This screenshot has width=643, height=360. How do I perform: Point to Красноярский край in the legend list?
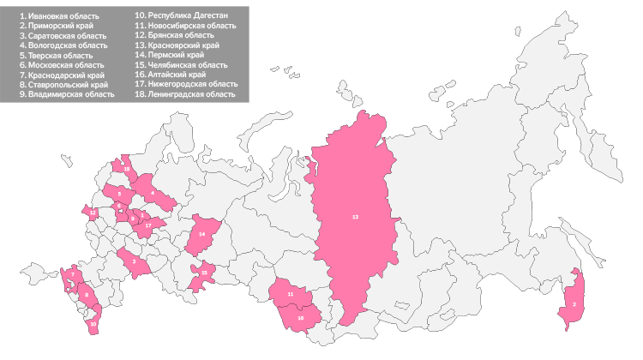pyautogui.click(x=183, y=45)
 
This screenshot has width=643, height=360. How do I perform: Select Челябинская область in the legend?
pyautogui.click(x=185, y=65)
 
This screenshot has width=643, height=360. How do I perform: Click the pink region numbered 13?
pyautogui.click(x=355, y=218)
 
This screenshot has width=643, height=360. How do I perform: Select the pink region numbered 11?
pyautogui.click(x=291, y=294)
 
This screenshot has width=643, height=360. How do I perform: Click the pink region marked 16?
pyautogui.click(x=301, y=317)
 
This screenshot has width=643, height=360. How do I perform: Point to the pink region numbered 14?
pyautogui.click(x=201, y=233)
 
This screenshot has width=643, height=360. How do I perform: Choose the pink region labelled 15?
pyautogui.click(x=203, y=273)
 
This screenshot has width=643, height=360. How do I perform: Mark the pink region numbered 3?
pyautogui.click(x=134, y=261)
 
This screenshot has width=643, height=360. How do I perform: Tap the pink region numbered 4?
pyautogui.click(x=153, y=194)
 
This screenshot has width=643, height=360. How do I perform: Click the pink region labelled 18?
pyautogui.click(x=126, y=170)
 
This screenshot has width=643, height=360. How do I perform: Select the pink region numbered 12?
pyautogui.click(x=93, y=212)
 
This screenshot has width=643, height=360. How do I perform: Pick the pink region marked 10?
pyautogui.click(x=93, y=323)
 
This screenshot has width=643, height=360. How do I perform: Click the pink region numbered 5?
pyautogui.click(x=119, y=195)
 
